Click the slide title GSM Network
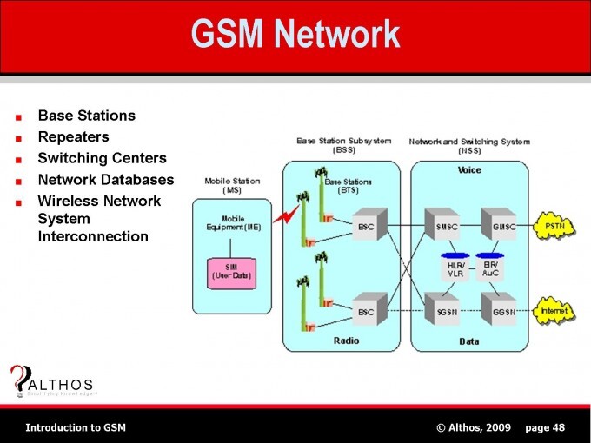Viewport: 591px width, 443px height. pyautogui.click(x=295, y=35)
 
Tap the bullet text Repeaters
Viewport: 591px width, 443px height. pyautogui.click(x=73, y=136)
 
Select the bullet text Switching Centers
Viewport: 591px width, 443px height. pyautogui.click(x=102, y=158)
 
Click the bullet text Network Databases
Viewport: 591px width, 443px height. pyautogui.click(x=105, y=180)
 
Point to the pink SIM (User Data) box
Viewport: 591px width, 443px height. pyautogui.click(x=231, y=271)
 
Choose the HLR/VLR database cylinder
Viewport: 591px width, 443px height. pyautogui.click(x=454, y=268)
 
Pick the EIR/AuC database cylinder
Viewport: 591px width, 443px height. pyautogui.click(x=491, y=268)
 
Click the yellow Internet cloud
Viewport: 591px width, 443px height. pyautogui.click(x=554, y=310)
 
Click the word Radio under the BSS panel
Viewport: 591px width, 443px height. pyautogui.click(x=346, y=341)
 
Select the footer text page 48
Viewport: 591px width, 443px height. pyautogui.click(x=545, y=427)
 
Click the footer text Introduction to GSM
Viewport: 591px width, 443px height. pyautogui.click(x=76, y=427)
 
